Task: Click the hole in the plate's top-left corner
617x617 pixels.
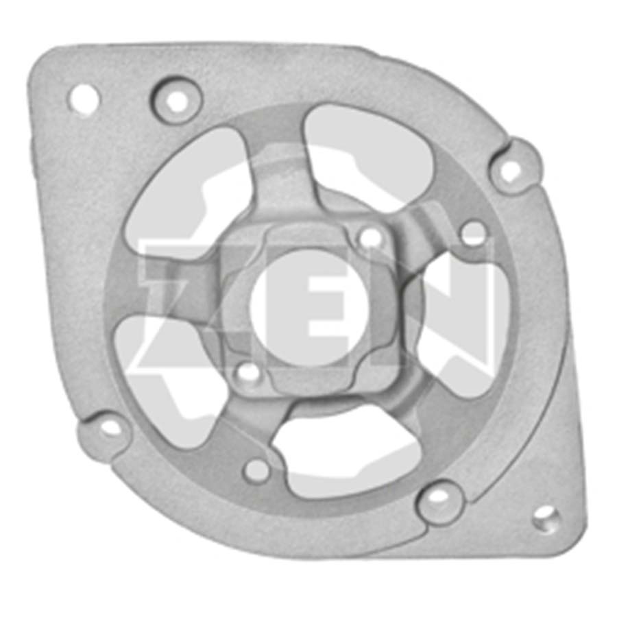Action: tap(84, 98)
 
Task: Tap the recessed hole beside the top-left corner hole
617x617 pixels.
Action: tap(177, 101)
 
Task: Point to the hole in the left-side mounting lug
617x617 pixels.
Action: tap(111, 428)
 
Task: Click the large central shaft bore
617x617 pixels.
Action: tap(310, 307)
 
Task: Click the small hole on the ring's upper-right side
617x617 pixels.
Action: tap(473, 232)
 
